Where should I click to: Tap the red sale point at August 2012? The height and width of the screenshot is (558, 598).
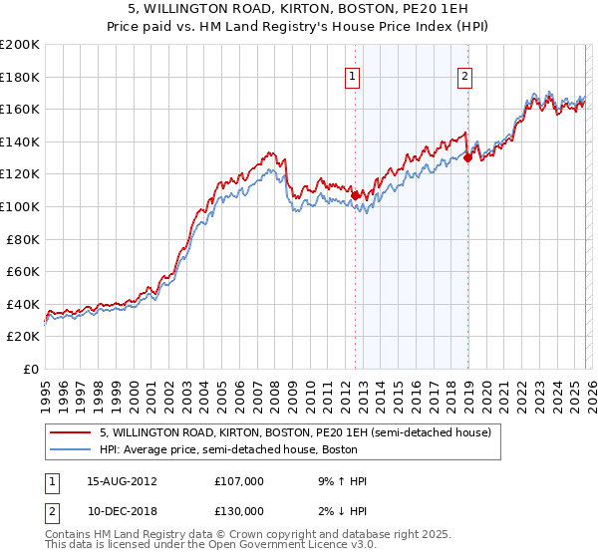[355, 195]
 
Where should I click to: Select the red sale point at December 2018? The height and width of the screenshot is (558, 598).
[467, 157]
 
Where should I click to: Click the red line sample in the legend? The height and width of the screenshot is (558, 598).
[71, 433]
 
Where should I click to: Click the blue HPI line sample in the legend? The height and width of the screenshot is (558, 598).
[71, 450]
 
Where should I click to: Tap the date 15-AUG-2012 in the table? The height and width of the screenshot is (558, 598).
[122, 481]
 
